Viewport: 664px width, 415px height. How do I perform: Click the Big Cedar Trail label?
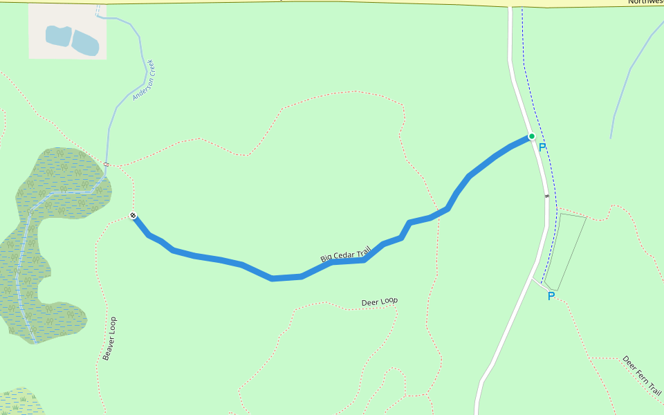click(346, 254)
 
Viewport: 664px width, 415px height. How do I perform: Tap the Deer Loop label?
click(380, 302)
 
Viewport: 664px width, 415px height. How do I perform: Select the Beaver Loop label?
click(109, 338)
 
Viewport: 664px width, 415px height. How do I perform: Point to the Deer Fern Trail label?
click(641, 376)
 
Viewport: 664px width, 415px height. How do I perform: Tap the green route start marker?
click(531, 136)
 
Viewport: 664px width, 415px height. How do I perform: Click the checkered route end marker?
click(133, 216)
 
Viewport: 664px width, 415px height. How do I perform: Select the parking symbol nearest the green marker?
click(542, 147)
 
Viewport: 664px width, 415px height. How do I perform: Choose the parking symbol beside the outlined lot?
click(551, 296)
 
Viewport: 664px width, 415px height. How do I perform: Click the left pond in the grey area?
click(58, 36)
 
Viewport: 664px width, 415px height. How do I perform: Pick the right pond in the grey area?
click(86, 43)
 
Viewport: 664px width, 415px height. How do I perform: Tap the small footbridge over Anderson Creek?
click(107, 164)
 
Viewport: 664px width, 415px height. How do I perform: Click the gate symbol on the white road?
click(546, 196)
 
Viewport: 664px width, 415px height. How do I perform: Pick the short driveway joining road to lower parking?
click(538, 281)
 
